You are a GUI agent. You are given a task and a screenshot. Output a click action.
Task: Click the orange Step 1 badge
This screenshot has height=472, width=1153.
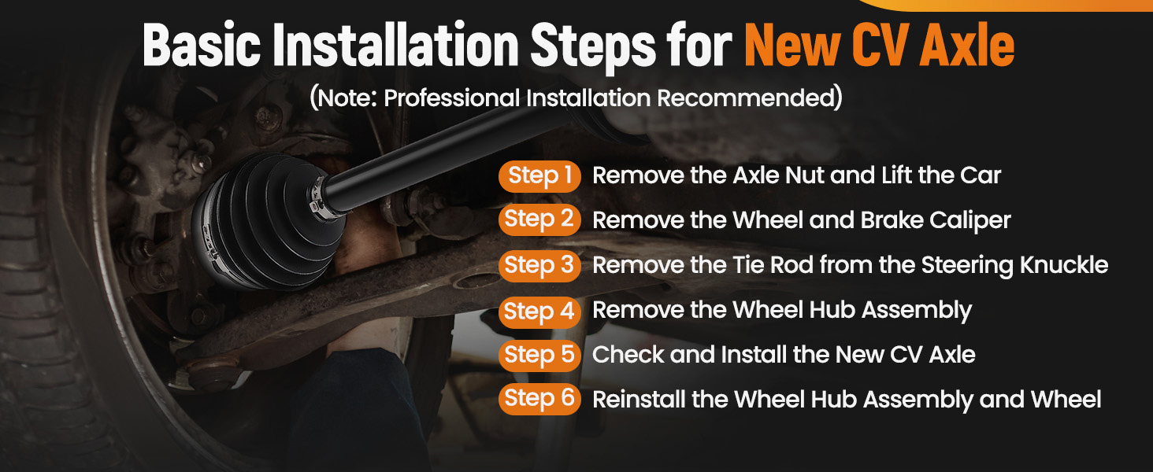[x=539, y=176]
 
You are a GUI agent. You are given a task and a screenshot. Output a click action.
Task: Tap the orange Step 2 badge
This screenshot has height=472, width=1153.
[x=539, y=219]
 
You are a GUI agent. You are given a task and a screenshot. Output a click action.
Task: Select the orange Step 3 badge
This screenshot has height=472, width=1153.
[x=539, y=265]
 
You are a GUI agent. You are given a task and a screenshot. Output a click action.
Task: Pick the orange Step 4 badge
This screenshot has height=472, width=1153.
[x=539, y=312]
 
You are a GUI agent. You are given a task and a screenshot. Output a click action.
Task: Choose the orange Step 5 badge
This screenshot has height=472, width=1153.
[x=539, y=356]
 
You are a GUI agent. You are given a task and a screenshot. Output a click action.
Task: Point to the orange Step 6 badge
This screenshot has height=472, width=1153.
[x=539, y=399]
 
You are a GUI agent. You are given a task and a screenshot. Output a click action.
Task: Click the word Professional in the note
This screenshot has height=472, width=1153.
[x=451, y=98]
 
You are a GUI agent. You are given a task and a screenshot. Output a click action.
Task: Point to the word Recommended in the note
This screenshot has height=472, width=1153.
[x=746, y=98]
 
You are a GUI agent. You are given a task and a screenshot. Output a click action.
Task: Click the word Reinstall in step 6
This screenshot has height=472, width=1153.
[x=636, y=400]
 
